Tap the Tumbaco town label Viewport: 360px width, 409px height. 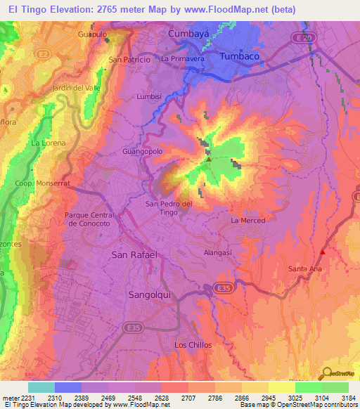click(241, 56)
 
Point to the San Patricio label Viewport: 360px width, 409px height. click(129, 60)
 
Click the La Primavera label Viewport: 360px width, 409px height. click(182, 60)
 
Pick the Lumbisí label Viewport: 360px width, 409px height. click(149, 96)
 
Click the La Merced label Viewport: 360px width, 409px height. click(248, 221)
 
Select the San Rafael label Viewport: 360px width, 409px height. click(134, 254)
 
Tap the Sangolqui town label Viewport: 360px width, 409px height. click(149, 294)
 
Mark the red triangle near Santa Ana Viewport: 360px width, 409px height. click(323, 252)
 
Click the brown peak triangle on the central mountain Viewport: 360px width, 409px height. click(208, 160)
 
